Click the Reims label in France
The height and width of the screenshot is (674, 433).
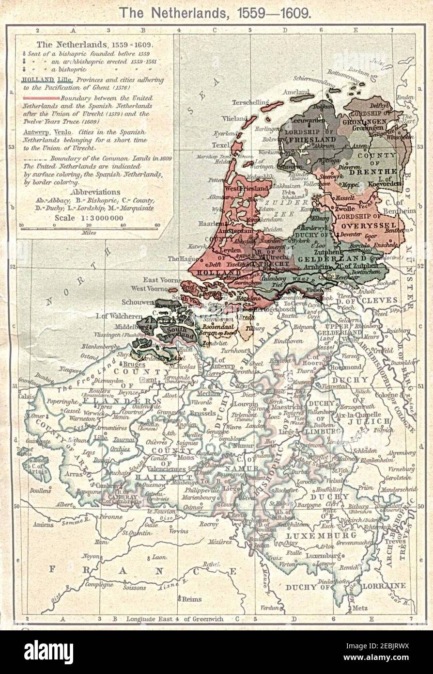click(x=191, y=599)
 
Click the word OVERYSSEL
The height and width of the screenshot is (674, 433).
click(x=369, y=225)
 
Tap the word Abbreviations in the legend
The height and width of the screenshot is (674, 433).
click(x=95, y=192)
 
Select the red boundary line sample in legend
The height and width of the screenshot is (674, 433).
click(x=40, y=97)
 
